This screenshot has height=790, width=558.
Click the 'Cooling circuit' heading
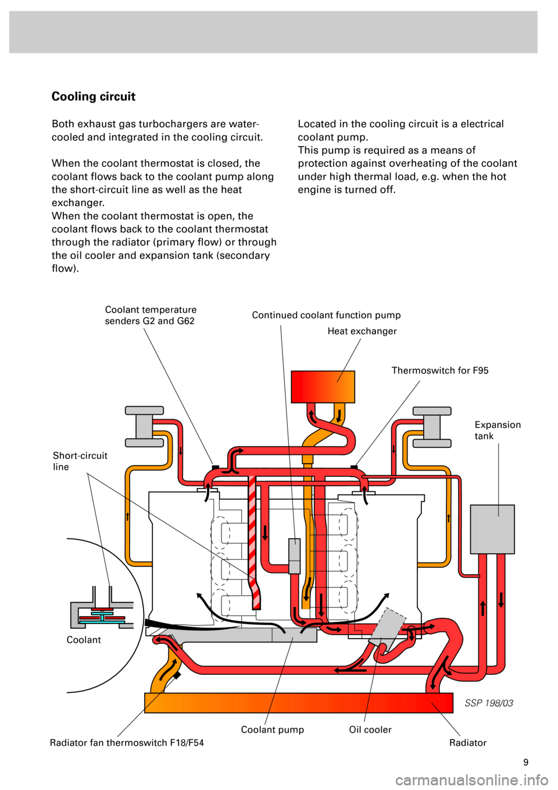click(94, 97)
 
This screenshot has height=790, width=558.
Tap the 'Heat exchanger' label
click(362, 332)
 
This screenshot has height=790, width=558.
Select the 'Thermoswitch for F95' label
click(439, 371)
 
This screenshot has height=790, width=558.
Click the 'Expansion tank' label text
click(497, 430)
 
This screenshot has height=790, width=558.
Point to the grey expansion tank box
click(492, 529)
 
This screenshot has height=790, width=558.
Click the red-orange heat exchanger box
click(323, 386)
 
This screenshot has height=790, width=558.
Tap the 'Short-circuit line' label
click(80, 461)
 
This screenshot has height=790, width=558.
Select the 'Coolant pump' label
click(272, 730)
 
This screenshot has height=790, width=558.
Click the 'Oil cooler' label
click(370, 730)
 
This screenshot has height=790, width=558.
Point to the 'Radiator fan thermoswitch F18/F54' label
click(127, 743)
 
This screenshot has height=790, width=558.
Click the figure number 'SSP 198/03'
click(489, 703)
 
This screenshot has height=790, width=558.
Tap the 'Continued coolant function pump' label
click(326, 315)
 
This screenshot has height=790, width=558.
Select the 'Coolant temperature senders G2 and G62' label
click(151, 315)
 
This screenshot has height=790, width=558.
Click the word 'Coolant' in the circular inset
click(84, 640)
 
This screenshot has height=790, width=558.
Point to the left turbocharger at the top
click(144, 426)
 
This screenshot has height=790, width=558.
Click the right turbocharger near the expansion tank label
click(432, 426)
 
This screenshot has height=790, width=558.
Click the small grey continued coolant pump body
click(295, 556)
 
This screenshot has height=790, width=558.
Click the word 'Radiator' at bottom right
click(467, 743)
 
